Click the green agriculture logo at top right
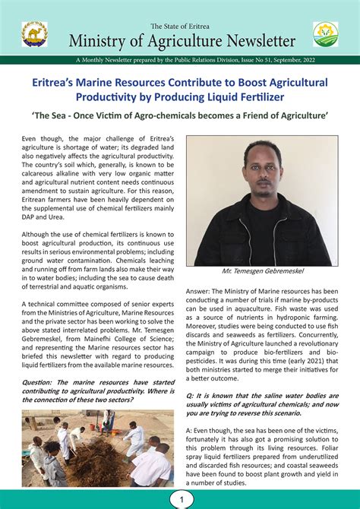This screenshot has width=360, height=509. pos(325,34)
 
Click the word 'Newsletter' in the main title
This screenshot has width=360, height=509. pos(257,41)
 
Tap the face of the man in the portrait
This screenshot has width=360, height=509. pos(262,162)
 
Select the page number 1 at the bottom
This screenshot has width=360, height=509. pos(180,500)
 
